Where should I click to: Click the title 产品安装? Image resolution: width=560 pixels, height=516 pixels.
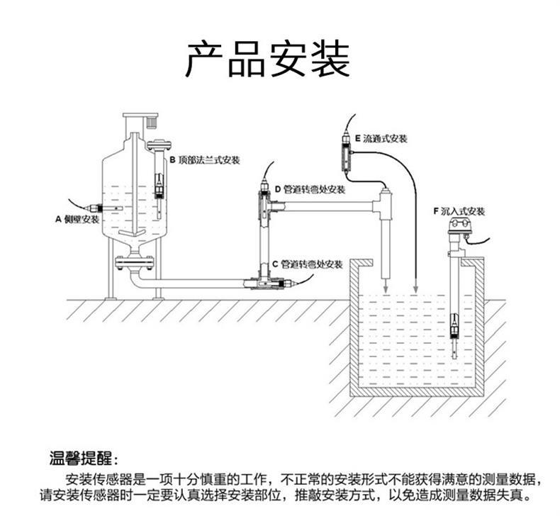(x=267, y=60)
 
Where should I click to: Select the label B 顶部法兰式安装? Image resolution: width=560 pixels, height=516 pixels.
(x=204, y=160)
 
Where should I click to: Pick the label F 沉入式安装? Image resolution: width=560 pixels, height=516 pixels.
(x=458, y=211)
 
